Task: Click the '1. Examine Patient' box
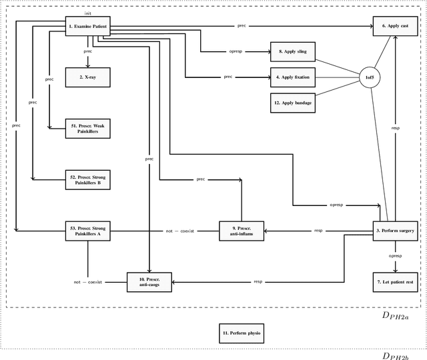pyautogui.click(x=87, y=26)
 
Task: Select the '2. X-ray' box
pyautogui.click(x=87, y=77)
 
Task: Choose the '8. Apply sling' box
pyautogui.click(x=292, y=51)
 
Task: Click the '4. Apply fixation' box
pyautogui.click(x=292, y=77)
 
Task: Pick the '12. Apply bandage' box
pyautogui.click(x=292, y=103)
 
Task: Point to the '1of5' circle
pyautogui.click(x=368, y=77)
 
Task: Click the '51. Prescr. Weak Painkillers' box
pyautogui.click(x=87, y=128)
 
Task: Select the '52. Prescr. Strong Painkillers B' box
pyautogui.click(x=87, y=179)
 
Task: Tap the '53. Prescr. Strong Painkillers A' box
pyautogui.click(x=87, y=231)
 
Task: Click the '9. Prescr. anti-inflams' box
pyautogui.click(x=241, y=231)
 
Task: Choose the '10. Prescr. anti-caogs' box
pyautogui.click(x=149, y=282)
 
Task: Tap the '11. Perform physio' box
pyautogui.click(x=241, y=331)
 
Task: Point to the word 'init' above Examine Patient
pyautogui.click(x=87, y=13)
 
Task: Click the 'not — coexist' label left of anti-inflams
pyautogui.click(x=180, y=231)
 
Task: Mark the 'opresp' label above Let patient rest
pyautogui.click(x=394, y=256)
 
